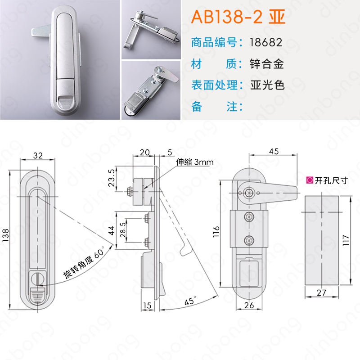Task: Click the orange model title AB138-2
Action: pos(227,17)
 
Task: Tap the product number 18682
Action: pos(266,42)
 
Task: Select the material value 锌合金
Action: pos(267,64)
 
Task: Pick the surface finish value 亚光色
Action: pos(267,85)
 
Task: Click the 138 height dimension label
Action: pos(5,235)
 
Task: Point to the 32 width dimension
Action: pos(38,155)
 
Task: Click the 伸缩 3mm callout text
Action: pos(195,162)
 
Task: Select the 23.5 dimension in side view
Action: pos(112,178)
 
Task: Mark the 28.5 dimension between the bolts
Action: pos(123,229)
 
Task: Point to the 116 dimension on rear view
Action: pos(216,231)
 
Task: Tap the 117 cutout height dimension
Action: pos(346,240)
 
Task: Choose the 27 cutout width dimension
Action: pos(321,292)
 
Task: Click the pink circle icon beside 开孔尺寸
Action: pos(310,180)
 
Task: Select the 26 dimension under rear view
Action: pos(249,305)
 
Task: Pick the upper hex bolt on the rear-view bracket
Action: pos(249,216)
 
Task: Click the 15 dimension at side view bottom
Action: pos(147,306)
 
